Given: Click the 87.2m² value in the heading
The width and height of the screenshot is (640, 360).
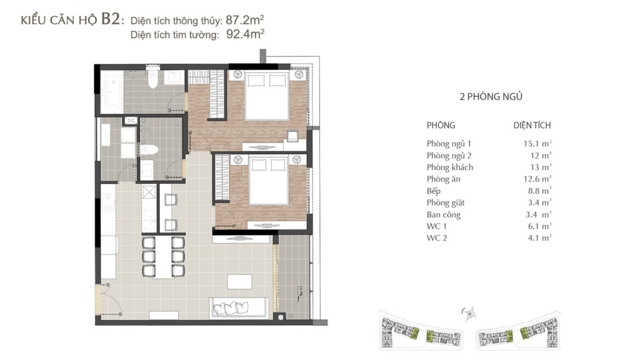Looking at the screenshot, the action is tap(244, 20).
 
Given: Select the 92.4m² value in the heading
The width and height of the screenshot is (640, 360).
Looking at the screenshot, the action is tap(245, 34).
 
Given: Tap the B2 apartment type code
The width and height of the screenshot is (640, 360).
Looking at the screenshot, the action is tap(110, 19).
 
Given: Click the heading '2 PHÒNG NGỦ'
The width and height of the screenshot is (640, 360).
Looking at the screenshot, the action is tap(491, 97).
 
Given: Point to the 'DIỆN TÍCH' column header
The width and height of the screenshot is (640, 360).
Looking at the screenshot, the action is tap(532, 125).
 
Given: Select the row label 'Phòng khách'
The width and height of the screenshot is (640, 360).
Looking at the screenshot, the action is tap(450, 167).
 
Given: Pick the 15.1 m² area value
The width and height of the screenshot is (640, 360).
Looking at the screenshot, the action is tap(537, 144).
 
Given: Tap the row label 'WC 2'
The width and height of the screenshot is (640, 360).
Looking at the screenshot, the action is tap(437, 238).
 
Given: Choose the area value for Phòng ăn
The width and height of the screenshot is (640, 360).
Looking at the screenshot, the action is tap(537, 179).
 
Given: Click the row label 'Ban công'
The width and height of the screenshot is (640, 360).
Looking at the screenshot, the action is tap(444, 215).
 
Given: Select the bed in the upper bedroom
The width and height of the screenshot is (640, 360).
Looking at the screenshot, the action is tap(267, 95).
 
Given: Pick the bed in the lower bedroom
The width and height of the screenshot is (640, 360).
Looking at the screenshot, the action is tap(269, 180).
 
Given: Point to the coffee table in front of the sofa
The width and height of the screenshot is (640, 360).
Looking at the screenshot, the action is tap(239, 282).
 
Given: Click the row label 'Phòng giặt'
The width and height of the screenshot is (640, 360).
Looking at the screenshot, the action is tap(446, 203).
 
